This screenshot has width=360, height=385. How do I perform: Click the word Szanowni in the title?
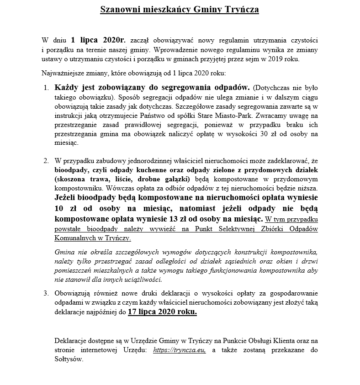pos(119,9)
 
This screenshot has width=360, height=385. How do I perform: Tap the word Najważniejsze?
pos(63,73)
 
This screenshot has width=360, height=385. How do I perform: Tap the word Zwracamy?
pos(285,116)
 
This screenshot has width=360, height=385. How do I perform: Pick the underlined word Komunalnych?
pos(74,238)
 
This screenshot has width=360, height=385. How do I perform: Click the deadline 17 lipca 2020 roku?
pos(162,312)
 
